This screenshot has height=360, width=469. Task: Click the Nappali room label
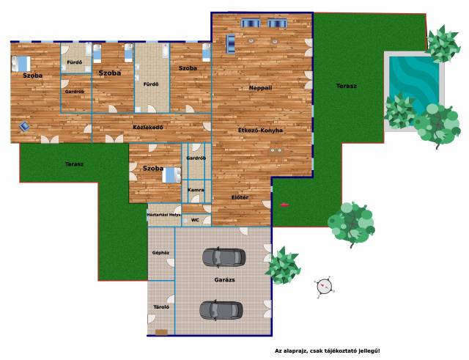point(260,88)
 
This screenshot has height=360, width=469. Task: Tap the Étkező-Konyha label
point(260,131)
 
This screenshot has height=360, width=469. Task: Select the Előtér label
point(240,197)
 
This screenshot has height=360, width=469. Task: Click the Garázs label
point(224,280)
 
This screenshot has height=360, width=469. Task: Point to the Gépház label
point(160,252)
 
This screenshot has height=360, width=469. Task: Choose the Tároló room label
point(161,307)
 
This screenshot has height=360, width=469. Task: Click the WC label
point(195,220)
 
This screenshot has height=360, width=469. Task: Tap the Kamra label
point(196,190)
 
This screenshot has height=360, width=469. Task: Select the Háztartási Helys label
point(163,215)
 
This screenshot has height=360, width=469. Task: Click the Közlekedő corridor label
point(148,127)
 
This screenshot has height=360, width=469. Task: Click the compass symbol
point(324,287)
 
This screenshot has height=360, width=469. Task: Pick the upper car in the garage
point(224,257)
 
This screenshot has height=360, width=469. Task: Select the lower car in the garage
point(221,310)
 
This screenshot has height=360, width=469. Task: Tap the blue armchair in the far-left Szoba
point(24,126)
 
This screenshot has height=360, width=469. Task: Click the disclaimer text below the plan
point(328,350)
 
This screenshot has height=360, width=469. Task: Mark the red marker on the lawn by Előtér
point(285,205)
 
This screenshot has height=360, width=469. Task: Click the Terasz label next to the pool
point(347,86)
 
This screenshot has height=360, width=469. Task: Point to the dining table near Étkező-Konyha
point(276,150)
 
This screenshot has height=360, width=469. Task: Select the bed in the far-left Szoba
point(21,64)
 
